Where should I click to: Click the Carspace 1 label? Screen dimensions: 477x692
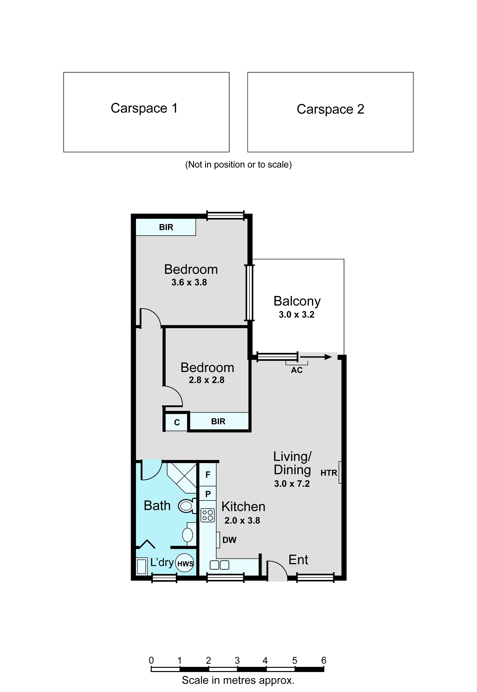point(144,108)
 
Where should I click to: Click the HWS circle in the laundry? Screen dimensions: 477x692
point(185,563)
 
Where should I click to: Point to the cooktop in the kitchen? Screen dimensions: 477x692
point(207,515)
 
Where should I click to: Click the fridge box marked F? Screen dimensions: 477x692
point(208,474)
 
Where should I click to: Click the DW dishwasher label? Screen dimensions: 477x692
point(229,540)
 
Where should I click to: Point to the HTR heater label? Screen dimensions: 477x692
point(329,473)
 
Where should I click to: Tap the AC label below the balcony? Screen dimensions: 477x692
point(297,370)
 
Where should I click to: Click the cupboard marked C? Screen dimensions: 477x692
point(177,422)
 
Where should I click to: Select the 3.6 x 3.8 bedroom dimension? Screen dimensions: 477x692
point(189,282)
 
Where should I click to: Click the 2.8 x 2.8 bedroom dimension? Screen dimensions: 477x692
point(207,380)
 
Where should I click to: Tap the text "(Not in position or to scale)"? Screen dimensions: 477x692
point(239,165)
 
